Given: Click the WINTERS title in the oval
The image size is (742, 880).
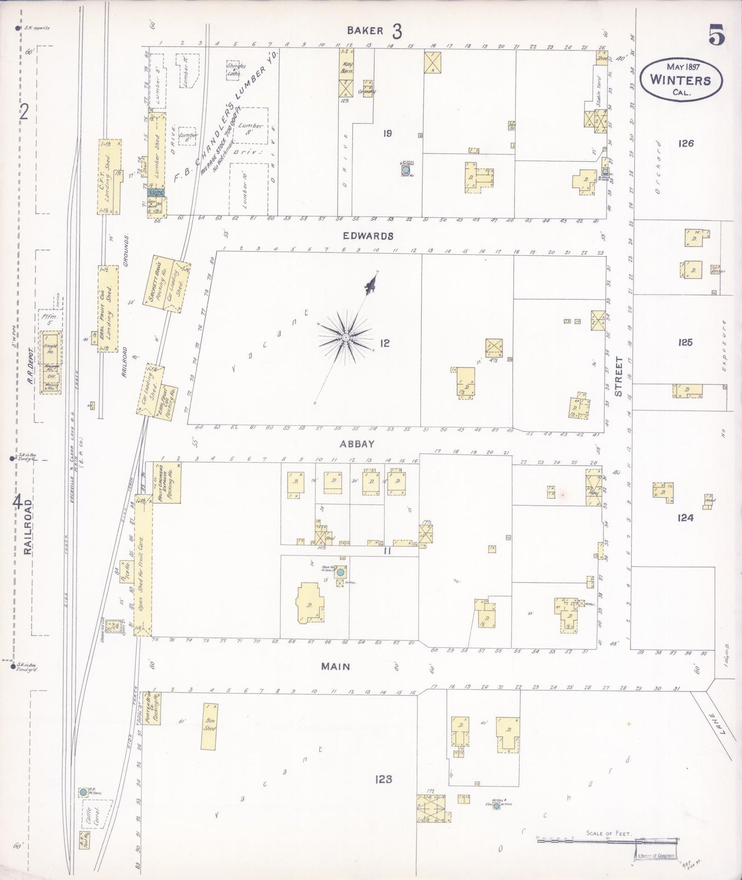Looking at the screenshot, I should pos(680,80).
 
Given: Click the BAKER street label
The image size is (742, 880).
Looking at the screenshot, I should pos(365,30).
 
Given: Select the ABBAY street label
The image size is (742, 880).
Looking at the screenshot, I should pos(356,444).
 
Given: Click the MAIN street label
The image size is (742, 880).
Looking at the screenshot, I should pos(335,666).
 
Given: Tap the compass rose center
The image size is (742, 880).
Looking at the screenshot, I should pos(346,337).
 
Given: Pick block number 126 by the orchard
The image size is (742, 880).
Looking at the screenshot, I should pos(686,143).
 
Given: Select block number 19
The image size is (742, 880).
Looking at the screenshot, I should pos(387,133).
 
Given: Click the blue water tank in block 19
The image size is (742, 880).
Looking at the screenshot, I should pos(406,168).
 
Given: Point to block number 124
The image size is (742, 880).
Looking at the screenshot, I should pos(685,518).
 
